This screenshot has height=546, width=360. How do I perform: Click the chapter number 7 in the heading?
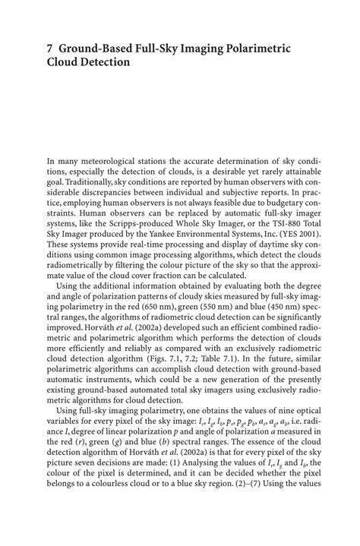tap(50, 49)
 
